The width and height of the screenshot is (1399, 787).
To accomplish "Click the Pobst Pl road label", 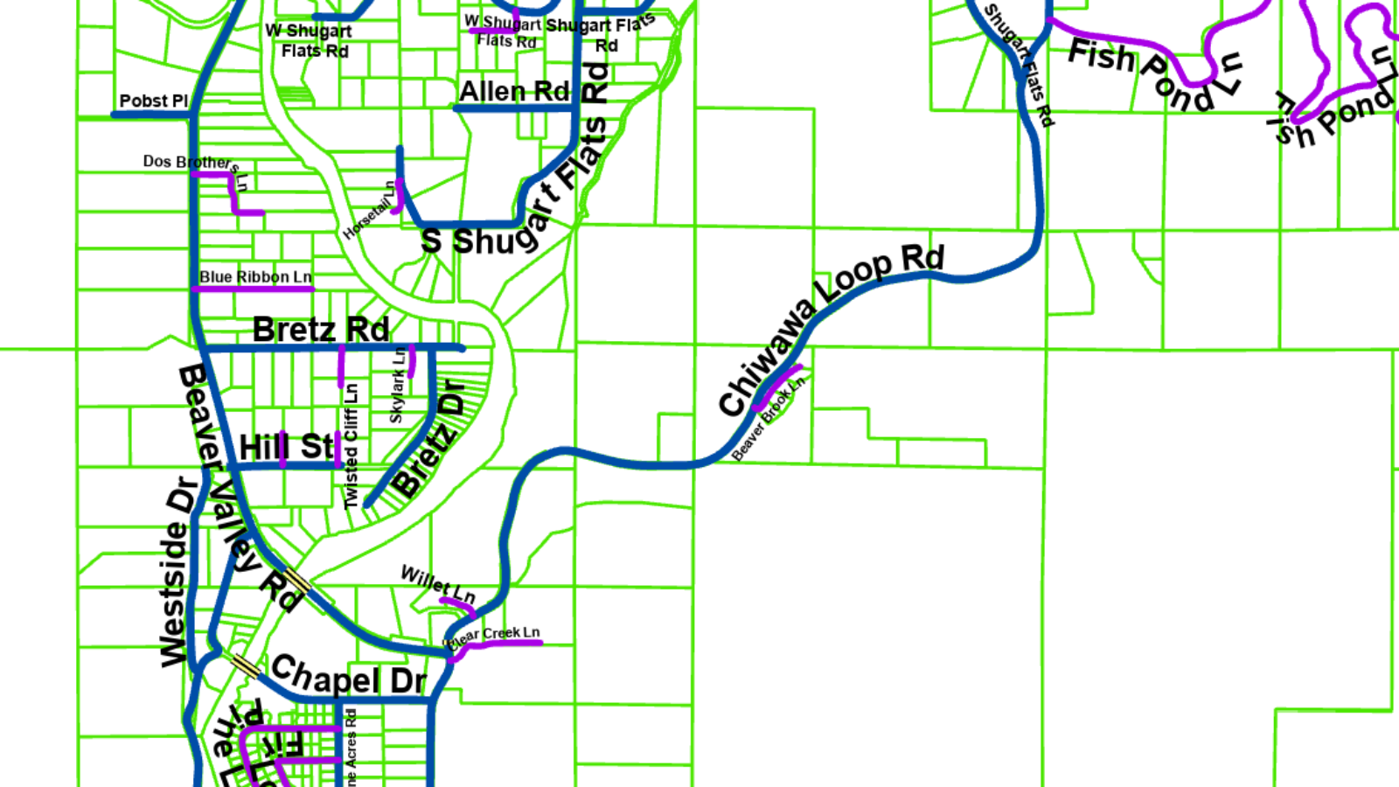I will click(153, 101).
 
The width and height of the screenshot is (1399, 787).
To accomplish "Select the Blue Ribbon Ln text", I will click(255, 276).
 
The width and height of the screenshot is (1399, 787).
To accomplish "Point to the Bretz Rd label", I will click(321, 330).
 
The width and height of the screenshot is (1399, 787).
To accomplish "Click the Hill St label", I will click(287, 447).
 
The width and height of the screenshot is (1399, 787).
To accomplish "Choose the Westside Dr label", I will click(177, 572).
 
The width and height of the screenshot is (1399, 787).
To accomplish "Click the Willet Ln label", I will click(437, 583).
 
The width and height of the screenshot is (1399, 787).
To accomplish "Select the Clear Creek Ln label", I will click(495, 634).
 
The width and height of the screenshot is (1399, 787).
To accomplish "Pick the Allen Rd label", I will click(514, 91).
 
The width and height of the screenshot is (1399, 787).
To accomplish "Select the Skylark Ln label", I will click(398, 386).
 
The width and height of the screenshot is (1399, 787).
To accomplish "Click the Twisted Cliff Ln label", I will click(351, 446).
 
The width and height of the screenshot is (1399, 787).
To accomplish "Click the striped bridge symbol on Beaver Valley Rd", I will click(297, 581).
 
